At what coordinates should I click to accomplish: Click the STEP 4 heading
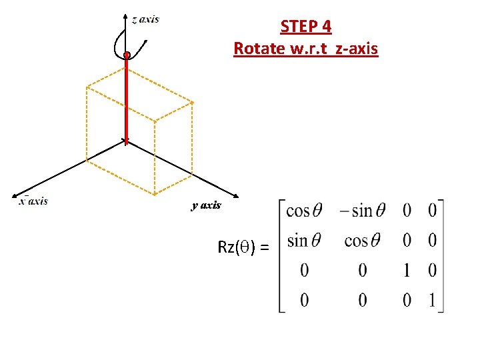pos(306,27)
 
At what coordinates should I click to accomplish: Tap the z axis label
pos(145,19)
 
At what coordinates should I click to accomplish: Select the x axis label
pos(33,201)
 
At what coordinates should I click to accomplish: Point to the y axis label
pos(206,205)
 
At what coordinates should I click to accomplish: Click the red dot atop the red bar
pos(127,55)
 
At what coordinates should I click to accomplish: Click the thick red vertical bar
pos(126,100)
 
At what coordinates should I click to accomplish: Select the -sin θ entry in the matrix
pos(361,211)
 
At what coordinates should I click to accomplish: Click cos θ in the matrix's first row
pos(304,211)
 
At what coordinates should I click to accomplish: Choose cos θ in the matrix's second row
pos(363,240)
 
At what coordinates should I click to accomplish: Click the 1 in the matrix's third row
pos(407,270)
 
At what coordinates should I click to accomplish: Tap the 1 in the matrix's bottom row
pos(433,300)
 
